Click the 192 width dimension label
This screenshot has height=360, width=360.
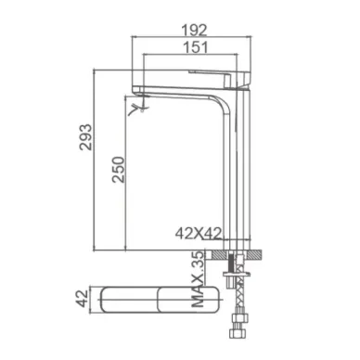[194, 31]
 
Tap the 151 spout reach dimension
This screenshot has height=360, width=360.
[196, 47]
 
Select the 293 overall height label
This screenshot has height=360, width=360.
[85, 137]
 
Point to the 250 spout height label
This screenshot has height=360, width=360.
[119, 170]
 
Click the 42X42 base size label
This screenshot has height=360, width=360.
[199, 234]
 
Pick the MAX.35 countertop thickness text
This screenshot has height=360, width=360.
[198, 278]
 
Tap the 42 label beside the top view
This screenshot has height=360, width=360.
[82, 299]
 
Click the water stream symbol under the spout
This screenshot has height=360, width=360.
[139, 108]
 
